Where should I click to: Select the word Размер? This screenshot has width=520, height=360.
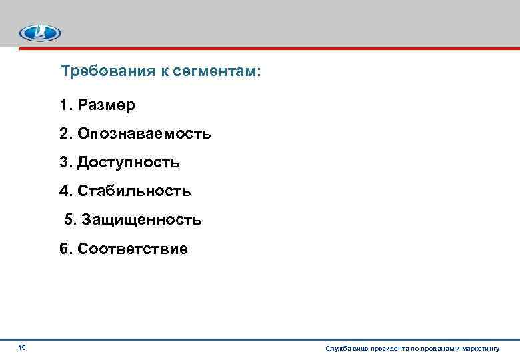click(x=106, y=105)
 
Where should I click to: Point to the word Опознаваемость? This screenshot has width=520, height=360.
click(x=144, y=134)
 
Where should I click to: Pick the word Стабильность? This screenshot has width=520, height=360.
click(x=134, y=191)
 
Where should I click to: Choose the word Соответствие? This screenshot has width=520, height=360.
click(x=133, y=249)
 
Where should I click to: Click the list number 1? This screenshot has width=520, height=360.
click(x=64, y=105)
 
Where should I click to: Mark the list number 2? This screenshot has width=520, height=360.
click(x=64, y=134)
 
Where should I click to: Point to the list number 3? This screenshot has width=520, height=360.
click(x=64, y=163)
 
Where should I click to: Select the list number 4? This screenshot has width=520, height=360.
click(x=64, y=191)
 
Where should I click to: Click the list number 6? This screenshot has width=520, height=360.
click(x=64, y=249)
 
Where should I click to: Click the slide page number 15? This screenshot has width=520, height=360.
click(x=22, y=347)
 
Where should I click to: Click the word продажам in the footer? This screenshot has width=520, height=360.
click(x=435, y=349)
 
